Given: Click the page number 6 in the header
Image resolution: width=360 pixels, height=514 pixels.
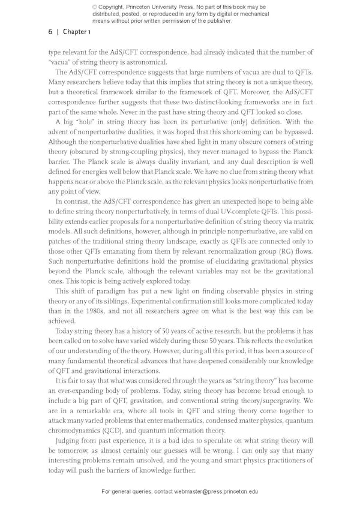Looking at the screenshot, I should [x=50, y=32].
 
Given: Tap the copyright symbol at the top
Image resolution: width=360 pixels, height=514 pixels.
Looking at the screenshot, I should [x=95, y=7].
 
